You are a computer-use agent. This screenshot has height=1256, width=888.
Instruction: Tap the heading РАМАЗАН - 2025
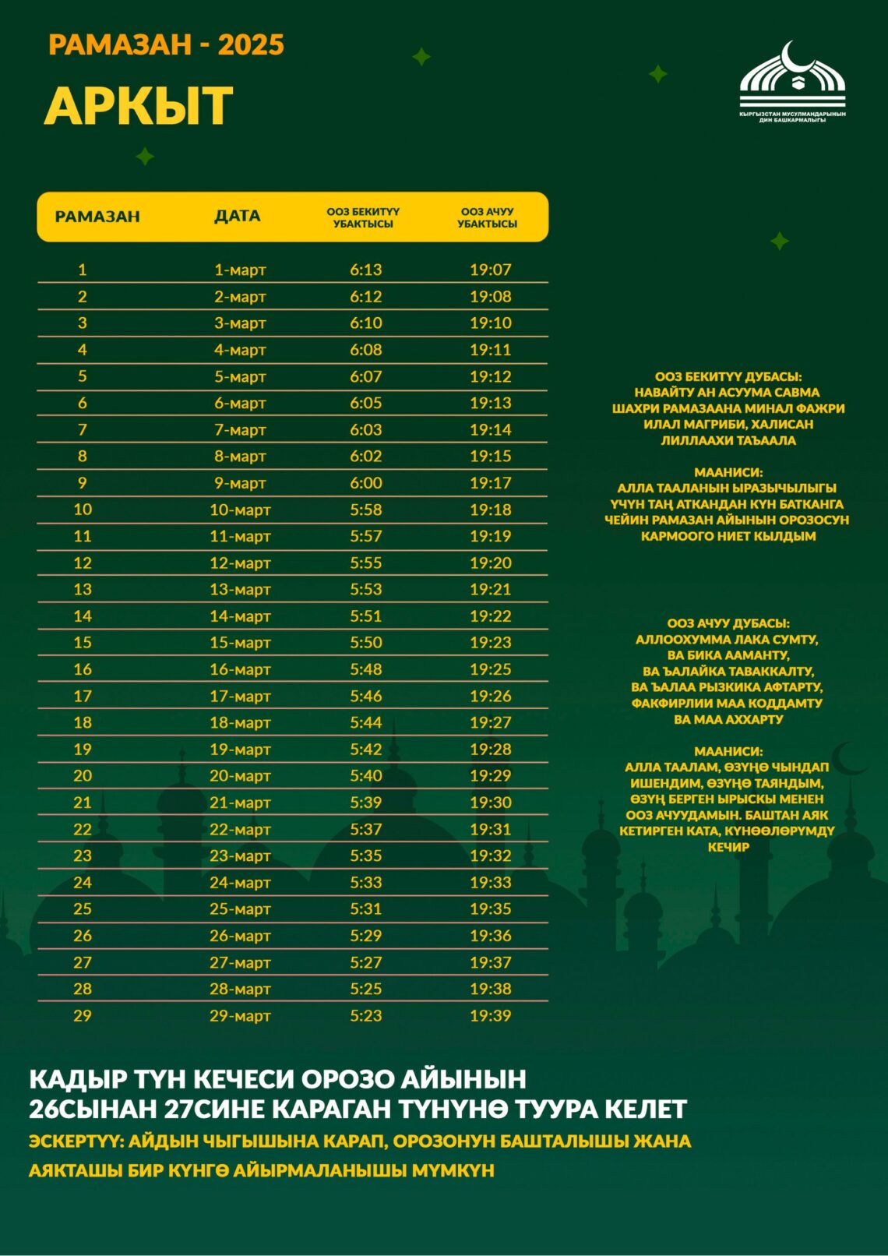point(166,44)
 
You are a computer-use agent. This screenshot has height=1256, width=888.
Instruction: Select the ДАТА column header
point(238,216)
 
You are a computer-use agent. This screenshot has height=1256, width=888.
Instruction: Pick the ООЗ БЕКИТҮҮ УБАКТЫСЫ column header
point(363,217)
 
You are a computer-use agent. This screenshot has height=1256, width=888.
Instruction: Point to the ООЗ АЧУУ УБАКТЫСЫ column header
point(487,217)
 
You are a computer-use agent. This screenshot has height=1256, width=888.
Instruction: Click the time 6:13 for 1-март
point(365,270)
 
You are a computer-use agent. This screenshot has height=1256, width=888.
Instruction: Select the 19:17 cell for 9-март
point(490,483)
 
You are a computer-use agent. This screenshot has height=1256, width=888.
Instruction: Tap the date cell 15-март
point(240,643)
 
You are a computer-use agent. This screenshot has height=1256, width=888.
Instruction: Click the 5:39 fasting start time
point(365,803)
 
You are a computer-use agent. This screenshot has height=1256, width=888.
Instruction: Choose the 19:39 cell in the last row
point(490,1015)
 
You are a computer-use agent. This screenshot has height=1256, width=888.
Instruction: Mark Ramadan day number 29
point(82,1015)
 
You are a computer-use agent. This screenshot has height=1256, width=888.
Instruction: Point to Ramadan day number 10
point(83,510)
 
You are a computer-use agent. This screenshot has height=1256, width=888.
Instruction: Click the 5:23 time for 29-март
point(365,1015)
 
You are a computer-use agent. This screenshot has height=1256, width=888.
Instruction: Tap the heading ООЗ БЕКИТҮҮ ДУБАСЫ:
point(728,376)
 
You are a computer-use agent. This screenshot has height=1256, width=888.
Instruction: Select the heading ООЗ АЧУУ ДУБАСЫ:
point(728,623)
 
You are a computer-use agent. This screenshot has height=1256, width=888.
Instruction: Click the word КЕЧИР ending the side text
point(728,847)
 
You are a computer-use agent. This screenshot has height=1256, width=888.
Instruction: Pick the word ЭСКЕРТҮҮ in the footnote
point(75,1141)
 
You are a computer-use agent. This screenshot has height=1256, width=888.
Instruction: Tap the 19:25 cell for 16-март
point(490,669)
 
